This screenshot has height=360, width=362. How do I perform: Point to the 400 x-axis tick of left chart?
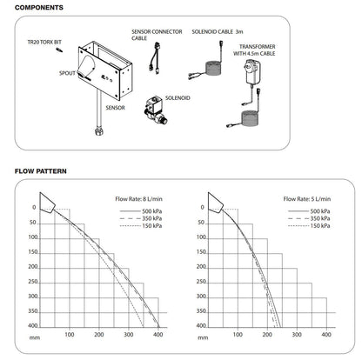[158, 333]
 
